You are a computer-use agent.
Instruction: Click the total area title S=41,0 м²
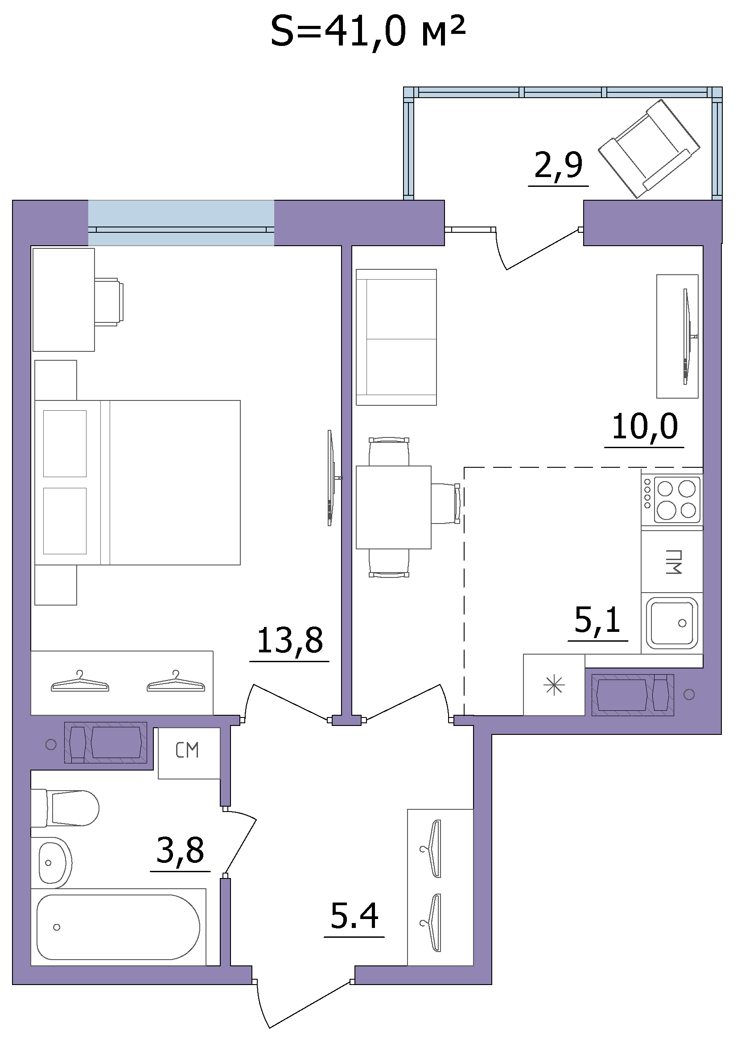(x=368, y=32)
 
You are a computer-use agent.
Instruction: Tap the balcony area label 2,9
(x=558, y=166)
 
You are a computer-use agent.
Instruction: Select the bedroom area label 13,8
(x=290, y=640)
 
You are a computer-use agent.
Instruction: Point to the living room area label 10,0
(x=644, y=427)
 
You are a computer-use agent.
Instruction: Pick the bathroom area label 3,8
(x=180, y=850)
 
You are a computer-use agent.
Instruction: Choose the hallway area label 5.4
(x=354, y=916)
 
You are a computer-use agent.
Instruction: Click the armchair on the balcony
(x=649, y=148)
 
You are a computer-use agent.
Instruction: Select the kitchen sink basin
(x=671, y=623)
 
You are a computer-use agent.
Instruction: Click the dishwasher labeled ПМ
(x=672, y=561)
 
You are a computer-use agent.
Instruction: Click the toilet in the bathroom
(x=65, y=808)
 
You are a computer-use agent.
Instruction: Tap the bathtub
(x=118, y=927)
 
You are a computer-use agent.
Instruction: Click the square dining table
(x=393, y=507)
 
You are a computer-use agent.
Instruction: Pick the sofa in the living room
(x=396, y=337)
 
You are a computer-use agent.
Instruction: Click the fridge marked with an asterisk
(x=554, y=684)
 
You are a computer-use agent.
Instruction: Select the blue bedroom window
(x=181, y=223)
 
